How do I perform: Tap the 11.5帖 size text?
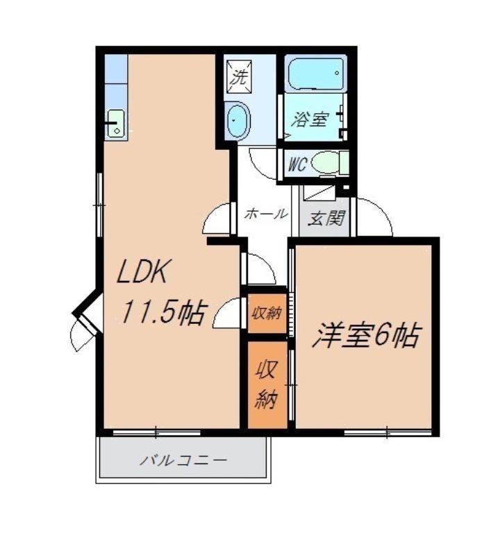[x=164, y=314]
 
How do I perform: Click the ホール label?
[x=265, y=214]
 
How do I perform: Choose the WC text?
[x=297, y=165]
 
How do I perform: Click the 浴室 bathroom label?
[x=310, y=119]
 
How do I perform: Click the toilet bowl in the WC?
[x=326, y=164]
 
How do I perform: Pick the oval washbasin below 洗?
[x=238, y=121]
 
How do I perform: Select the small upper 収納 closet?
[x=265, y=312]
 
